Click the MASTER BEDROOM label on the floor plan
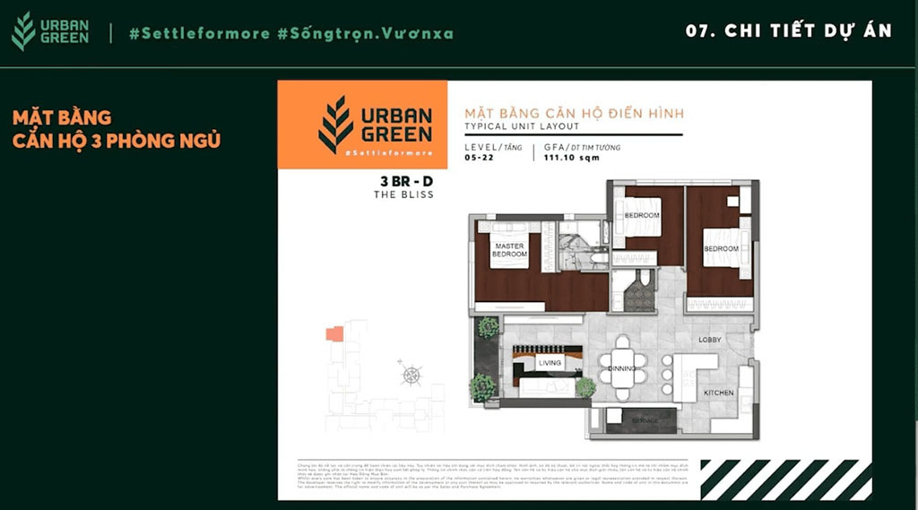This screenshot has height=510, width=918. [508, 250]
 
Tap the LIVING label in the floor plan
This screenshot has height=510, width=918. [549, 363]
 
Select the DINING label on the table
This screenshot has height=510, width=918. [622, 367]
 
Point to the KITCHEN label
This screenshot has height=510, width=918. [718, 393]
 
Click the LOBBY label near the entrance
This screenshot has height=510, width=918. [710, 340]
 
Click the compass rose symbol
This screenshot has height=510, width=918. [411, 376]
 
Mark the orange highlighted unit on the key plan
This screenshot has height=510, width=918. [333, 333]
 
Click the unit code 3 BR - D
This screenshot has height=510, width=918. [406, 180]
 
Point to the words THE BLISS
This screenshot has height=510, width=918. [403, 194]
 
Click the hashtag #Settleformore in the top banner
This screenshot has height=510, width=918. [199, 33]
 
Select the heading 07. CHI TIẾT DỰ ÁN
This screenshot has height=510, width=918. [788, 30]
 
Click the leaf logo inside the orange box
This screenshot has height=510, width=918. [336, 125]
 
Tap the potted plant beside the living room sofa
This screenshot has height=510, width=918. [585, 387]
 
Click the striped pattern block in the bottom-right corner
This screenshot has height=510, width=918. [785, 479]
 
